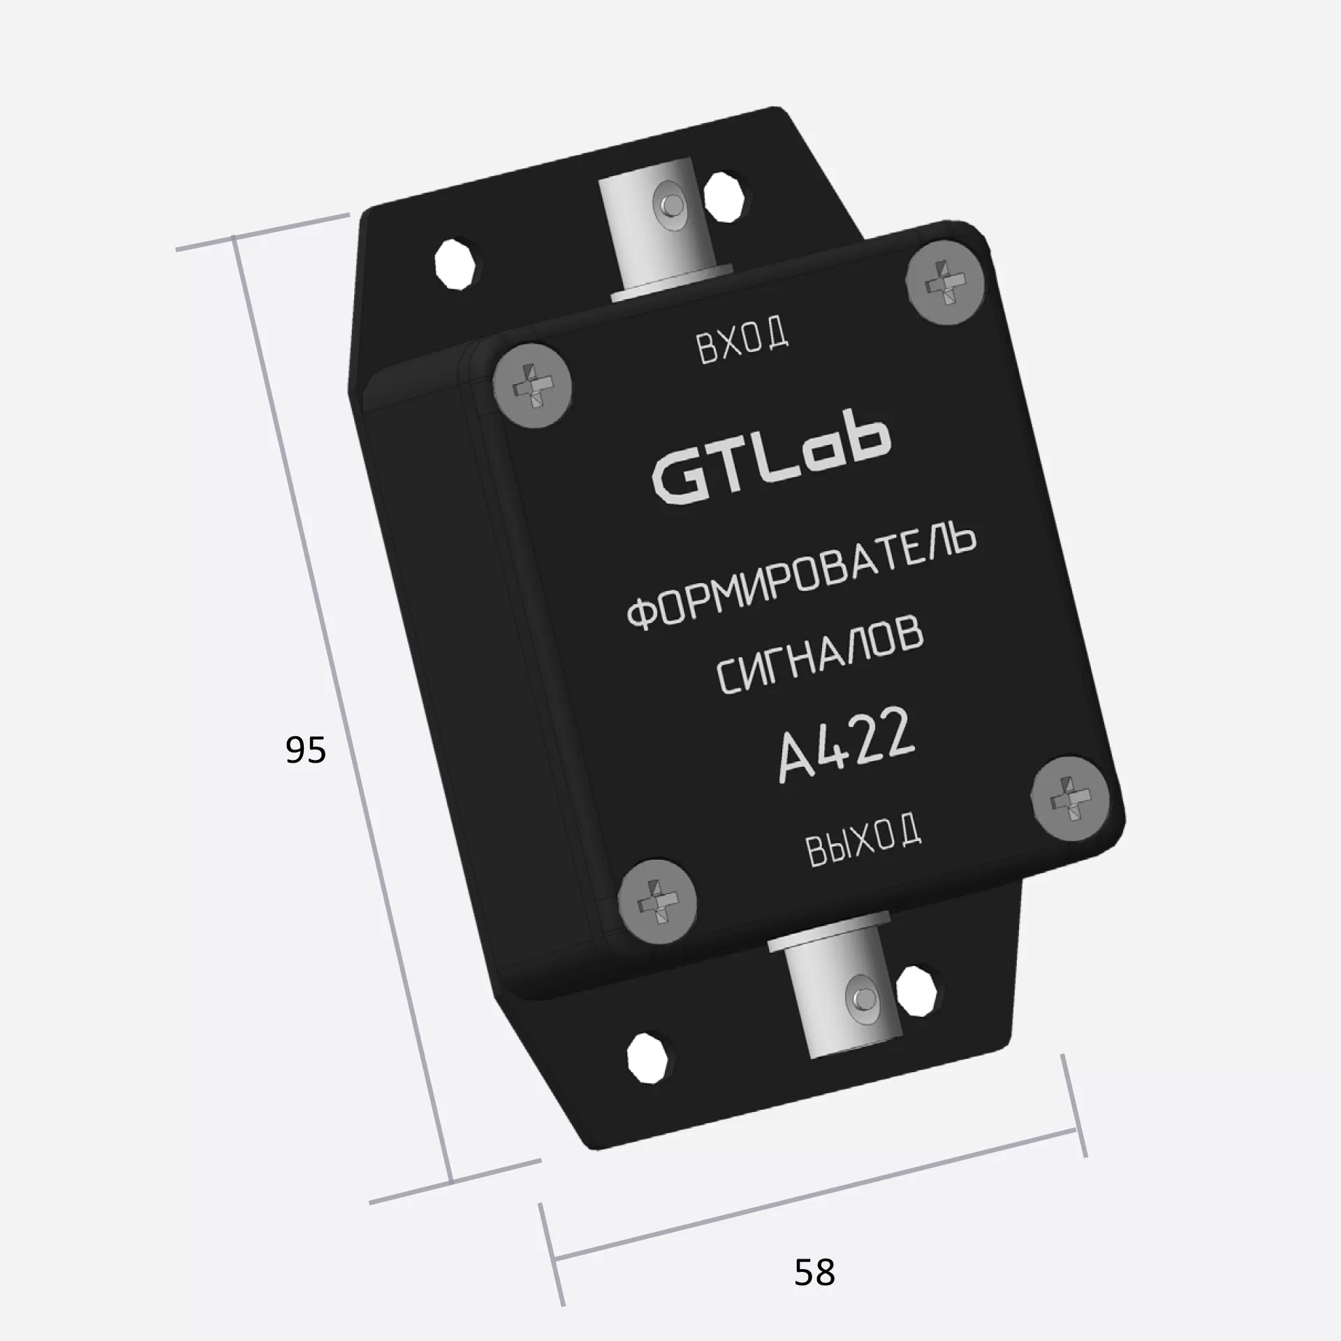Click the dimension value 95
tap(306, 750)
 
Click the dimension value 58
tap(814, 1272)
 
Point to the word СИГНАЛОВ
tap(820, 657)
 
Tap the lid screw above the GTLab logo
tap(532, 388)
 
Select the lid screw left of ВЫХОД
tap(658, 901)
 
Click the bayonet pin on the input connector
tap(671, 205)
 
